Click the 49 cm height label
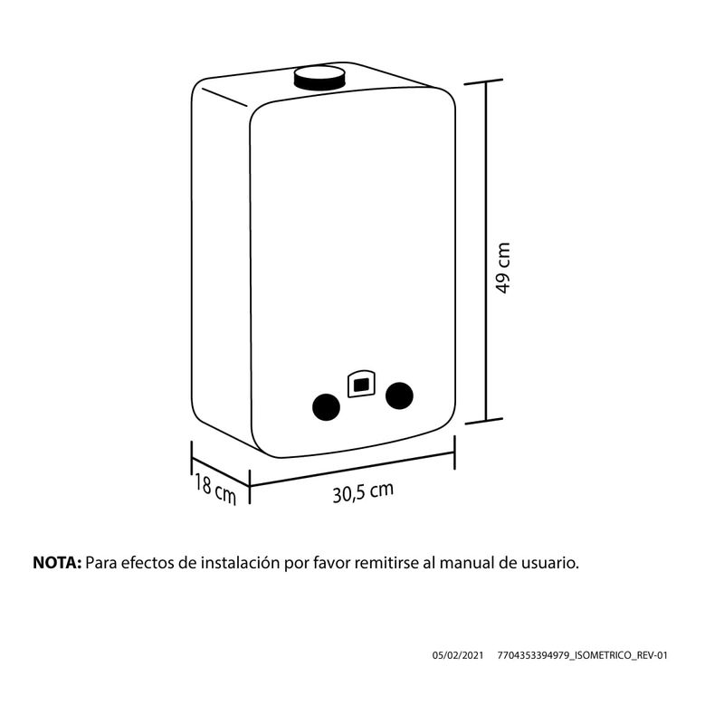[502, 268]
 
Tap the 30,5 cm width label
[363, 492]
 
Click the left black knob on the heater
[327, 407]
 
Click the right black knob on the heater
[399, 395]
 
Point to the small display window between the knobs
[361, 384]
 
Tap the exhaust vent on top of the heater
[319, 78]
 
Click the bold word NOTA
[57, 563]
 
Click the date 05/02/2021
[458, 655]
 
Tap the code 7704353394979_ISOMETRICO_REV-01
[582, 655]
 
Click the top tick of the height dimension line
[483, 82]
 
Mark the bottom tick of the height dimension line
[484, 421]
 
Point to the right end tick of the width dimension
[455, 452]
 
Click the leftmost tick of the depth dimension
[192, 458]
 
